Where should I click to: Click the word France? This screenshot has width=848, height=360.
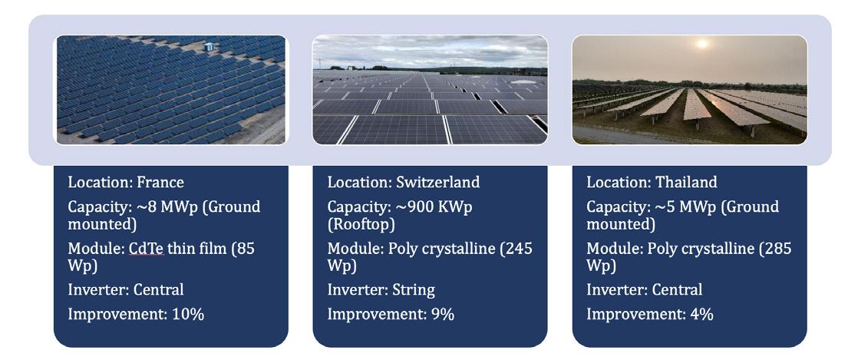coord(160,182)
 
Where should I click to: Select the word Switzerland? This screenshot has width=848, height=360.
coord(437,182)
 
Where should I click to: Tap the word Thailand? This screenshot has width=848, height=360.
coord(686,182)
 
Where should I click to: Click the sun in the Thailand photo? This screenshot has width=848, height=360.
coord(702,44)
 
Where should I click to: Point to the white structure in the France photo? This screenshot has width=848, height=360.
coord(209,47)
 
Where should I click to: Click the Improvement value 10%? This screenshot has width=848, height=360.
coord(188,314)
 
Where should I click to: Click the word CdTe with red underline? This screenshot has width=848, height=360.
coord(146,249)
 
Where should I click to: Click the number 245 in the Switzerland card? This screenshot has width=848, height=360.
coord(520,249)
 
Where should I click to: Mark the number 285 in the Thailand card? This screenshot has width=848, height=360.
coord(779,249)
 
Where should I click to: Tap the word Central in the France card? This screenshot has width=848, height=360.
coord(158,289)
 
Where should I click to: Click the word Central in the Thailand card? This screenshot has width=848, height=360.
coord(677,289)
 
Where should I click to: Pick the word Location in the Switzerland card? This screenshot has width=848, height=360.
coord(359,182)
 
